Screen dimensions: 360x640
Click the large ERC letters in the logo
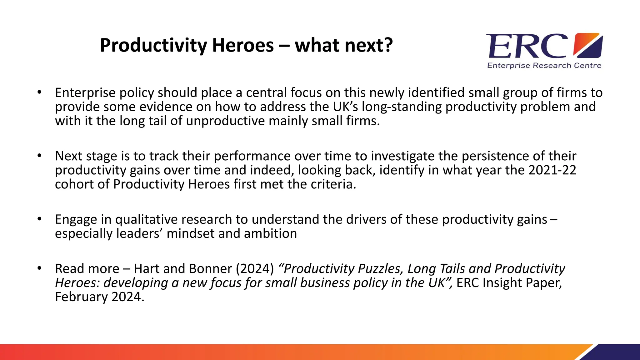coord(527,46)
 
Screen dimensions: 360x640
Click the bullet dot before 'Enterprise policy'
coord(39,92)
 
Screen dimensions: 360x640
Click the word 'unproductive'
coord(225,121)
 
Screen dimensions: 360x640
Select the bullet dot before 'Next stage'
coord(39,155)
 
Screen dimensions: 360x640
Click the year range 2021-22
coord(552,170)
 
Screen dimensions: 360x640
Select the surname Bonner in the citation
coord(210,269)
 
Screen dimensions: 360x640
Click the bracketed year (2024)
coord(255,269)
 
